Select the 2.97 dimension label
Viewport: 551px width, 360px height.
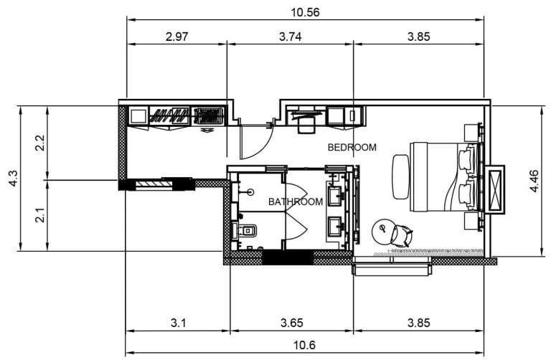pos(176,37)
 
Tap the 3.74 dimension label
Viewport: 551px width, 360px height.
pos(290,37)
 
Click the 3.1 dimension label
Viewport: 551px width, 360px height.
pos(179,323)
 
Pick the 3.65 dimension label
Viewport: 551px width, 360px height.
pos(291,323)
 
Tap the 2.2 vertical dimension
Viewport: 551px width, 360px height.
pos(41,143)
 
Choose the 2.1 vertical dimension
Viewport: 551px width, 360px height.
pos(41,215)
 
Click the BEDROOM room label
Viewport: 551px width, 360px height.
pos(352,148)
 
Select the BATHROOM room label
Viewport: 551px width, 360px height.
pos(295,202)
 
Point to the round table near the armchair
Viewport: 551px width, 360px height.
pos(385,231)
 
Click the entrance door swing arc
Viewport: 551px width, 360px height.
pos(255,140)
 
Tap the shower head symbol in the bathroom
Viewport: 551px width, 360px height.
pos(250,191)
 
